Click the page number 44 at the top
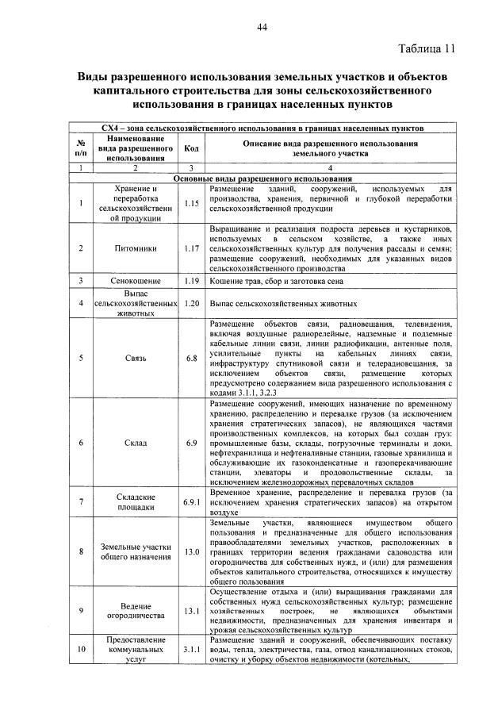pos(262,27)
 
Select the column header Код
pos(190,148)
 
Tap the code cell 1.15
pos(190,204)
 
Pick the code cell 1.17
pos(190,248)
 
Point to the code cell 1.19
pos(190,281)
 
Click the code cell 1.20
pos(190,303)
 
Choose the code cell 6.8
pos(190,359)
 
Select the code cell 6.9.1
pos(190,502)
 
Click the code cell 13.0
pos(190,551)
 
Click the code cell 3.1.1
pos(190,651)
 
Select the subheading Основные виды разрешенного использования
pos(262,179)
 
